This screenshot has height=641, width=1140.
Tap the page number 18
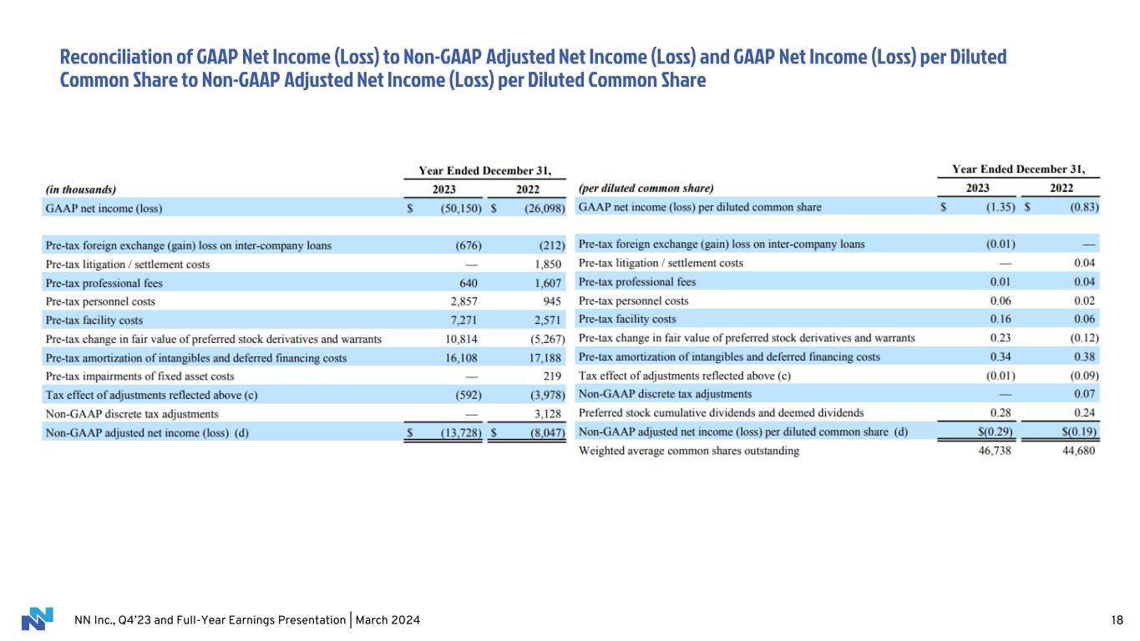(1117, 620)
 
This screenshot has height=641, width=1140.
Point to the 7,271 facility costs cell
(464, 320)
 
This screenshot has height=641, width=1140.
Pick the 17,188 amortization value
(547, 357)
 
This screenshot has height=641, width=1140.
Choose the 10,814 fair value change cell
(462, 339)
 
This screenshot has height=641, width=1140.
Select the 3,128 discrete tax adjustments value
(550, 413)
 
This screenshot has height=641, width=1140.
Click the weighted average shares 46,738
(998, 451)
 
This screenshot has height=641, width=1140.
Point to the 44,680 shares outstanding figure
(1077, 451)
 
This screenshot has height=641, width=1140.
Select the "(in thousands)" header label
(81, 189)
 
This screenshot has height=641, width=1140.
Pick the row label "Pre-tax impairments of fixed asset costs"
(139, 376)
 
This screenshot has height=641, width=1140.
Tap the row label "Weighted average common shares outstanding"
(688, 451)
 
